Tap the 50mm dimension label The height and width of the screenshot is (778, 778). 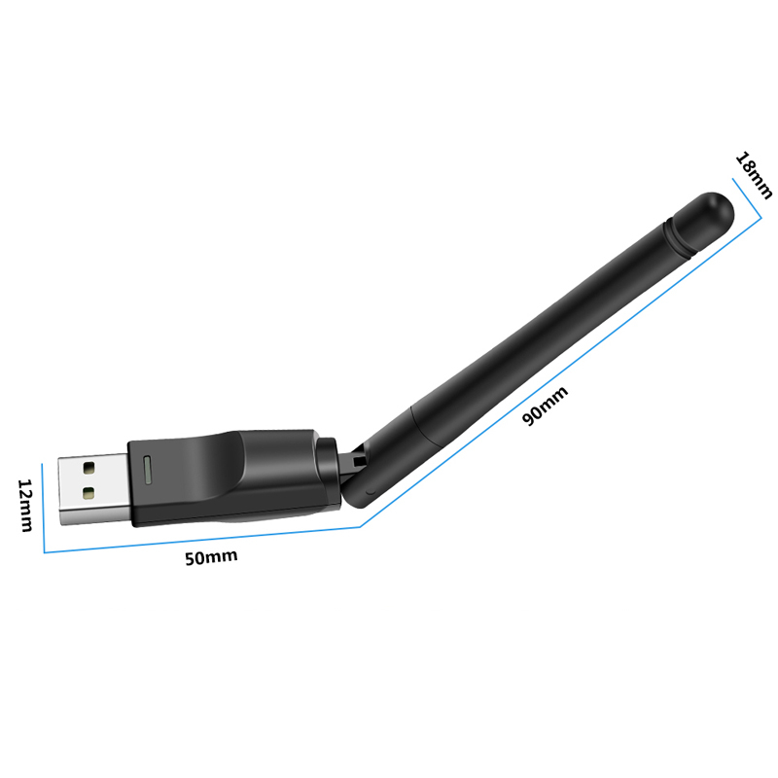(x=211, y=557)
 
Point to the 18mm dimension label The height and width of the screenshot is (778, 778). (x=754, y=175)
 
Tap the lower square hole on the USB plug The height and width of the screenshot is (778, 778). (x=89, y=493)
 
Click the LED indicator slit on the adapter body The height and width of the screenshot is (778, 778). (x=146, y=471)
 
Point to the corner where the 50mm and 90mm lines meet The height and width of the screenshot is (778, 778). (x=362, y=526)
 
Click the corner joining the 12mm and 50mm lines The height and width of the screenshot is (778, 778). (x=45, y=552)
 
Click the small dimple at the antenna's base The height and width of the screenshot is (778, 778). (x=368, y=491)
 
